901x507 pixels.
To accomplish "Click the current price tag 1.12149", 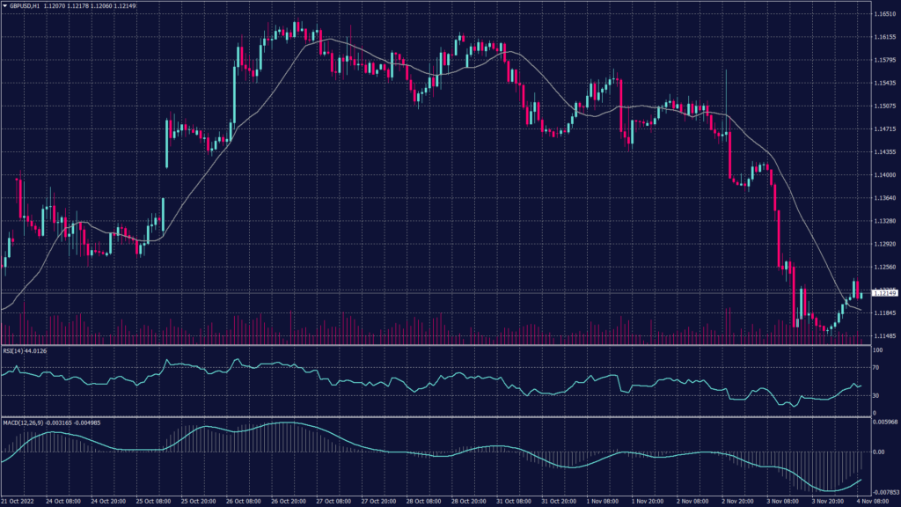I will tap(883, 292).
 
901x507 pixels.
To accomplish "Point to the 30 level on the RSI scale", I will tap(875, 395).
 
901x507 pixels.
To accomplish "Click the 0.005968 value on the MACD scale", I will tap(883, 422).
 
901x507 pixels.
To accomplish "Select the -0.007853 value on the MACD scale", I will tap(883, 493).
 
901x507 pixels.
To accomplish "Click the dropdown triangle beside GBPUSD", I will tap(4, 4).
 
